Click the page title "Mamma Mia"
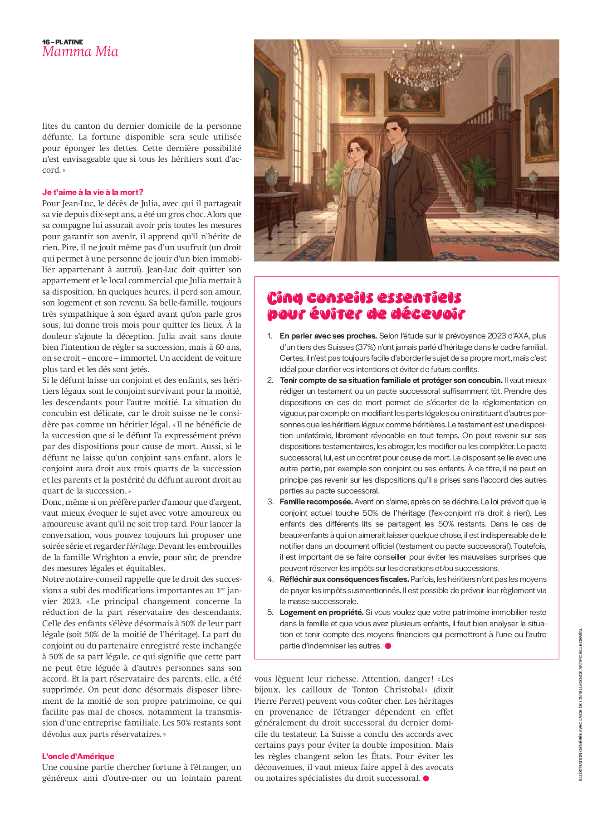[80, 52]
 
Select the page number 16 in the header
[46, 42]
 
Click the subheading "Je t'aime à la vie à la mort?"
[93, 192]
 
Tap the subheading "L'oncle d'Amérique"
[78, 756]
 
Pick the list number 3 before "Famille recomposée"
[270, 502]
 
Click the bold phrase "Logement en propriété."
[322, 612]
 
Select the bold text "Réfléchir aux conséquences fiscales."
[344, 579]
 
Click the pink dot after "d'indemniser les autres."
[388, 646]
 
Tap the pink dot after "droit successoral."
[426, 778]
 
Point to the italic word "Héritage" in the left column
[141, 546]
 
